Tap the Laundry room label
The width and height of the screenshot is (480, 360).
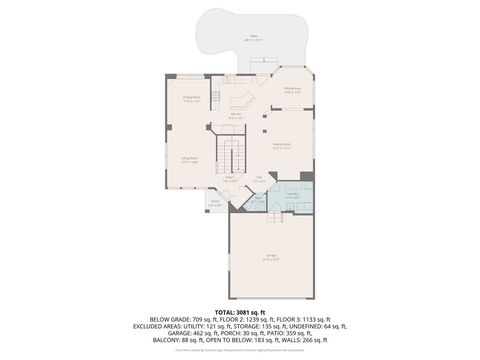tap(290, 194)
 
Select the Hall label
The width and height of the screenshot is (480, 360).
tap(259, 179)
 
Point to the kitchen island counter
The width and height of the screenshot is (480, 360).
tap(240, 101)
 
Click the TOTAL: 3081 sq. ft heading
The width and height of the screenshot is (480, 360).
tap(239, 311)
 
